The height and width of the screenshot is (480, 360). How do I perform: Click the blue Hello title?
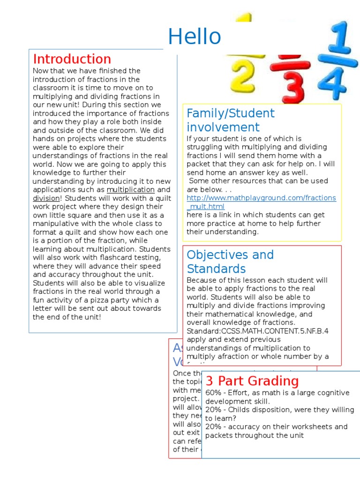pos(194,37)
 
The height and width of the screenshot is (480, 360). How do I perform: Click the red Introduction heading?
pos(72,59)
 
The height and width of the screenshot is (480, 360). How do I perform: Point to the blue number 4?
pos(333,84)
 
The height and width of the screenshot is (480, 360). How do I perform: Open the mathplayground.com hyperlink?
pos(261,202)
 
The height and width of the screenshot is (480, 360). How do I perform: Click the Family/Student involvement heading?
pos(230,120)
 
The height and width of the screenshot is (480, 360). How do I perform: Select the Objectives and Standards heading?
pos(230,262)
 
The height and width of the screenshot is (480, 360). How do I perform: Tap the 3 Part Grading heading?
pos(252,381)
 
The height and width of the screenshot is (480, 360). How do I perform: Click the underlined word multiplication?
pos(131,190)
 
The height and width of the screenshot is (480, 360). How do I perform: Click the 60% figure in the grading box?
pos(213,393)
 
